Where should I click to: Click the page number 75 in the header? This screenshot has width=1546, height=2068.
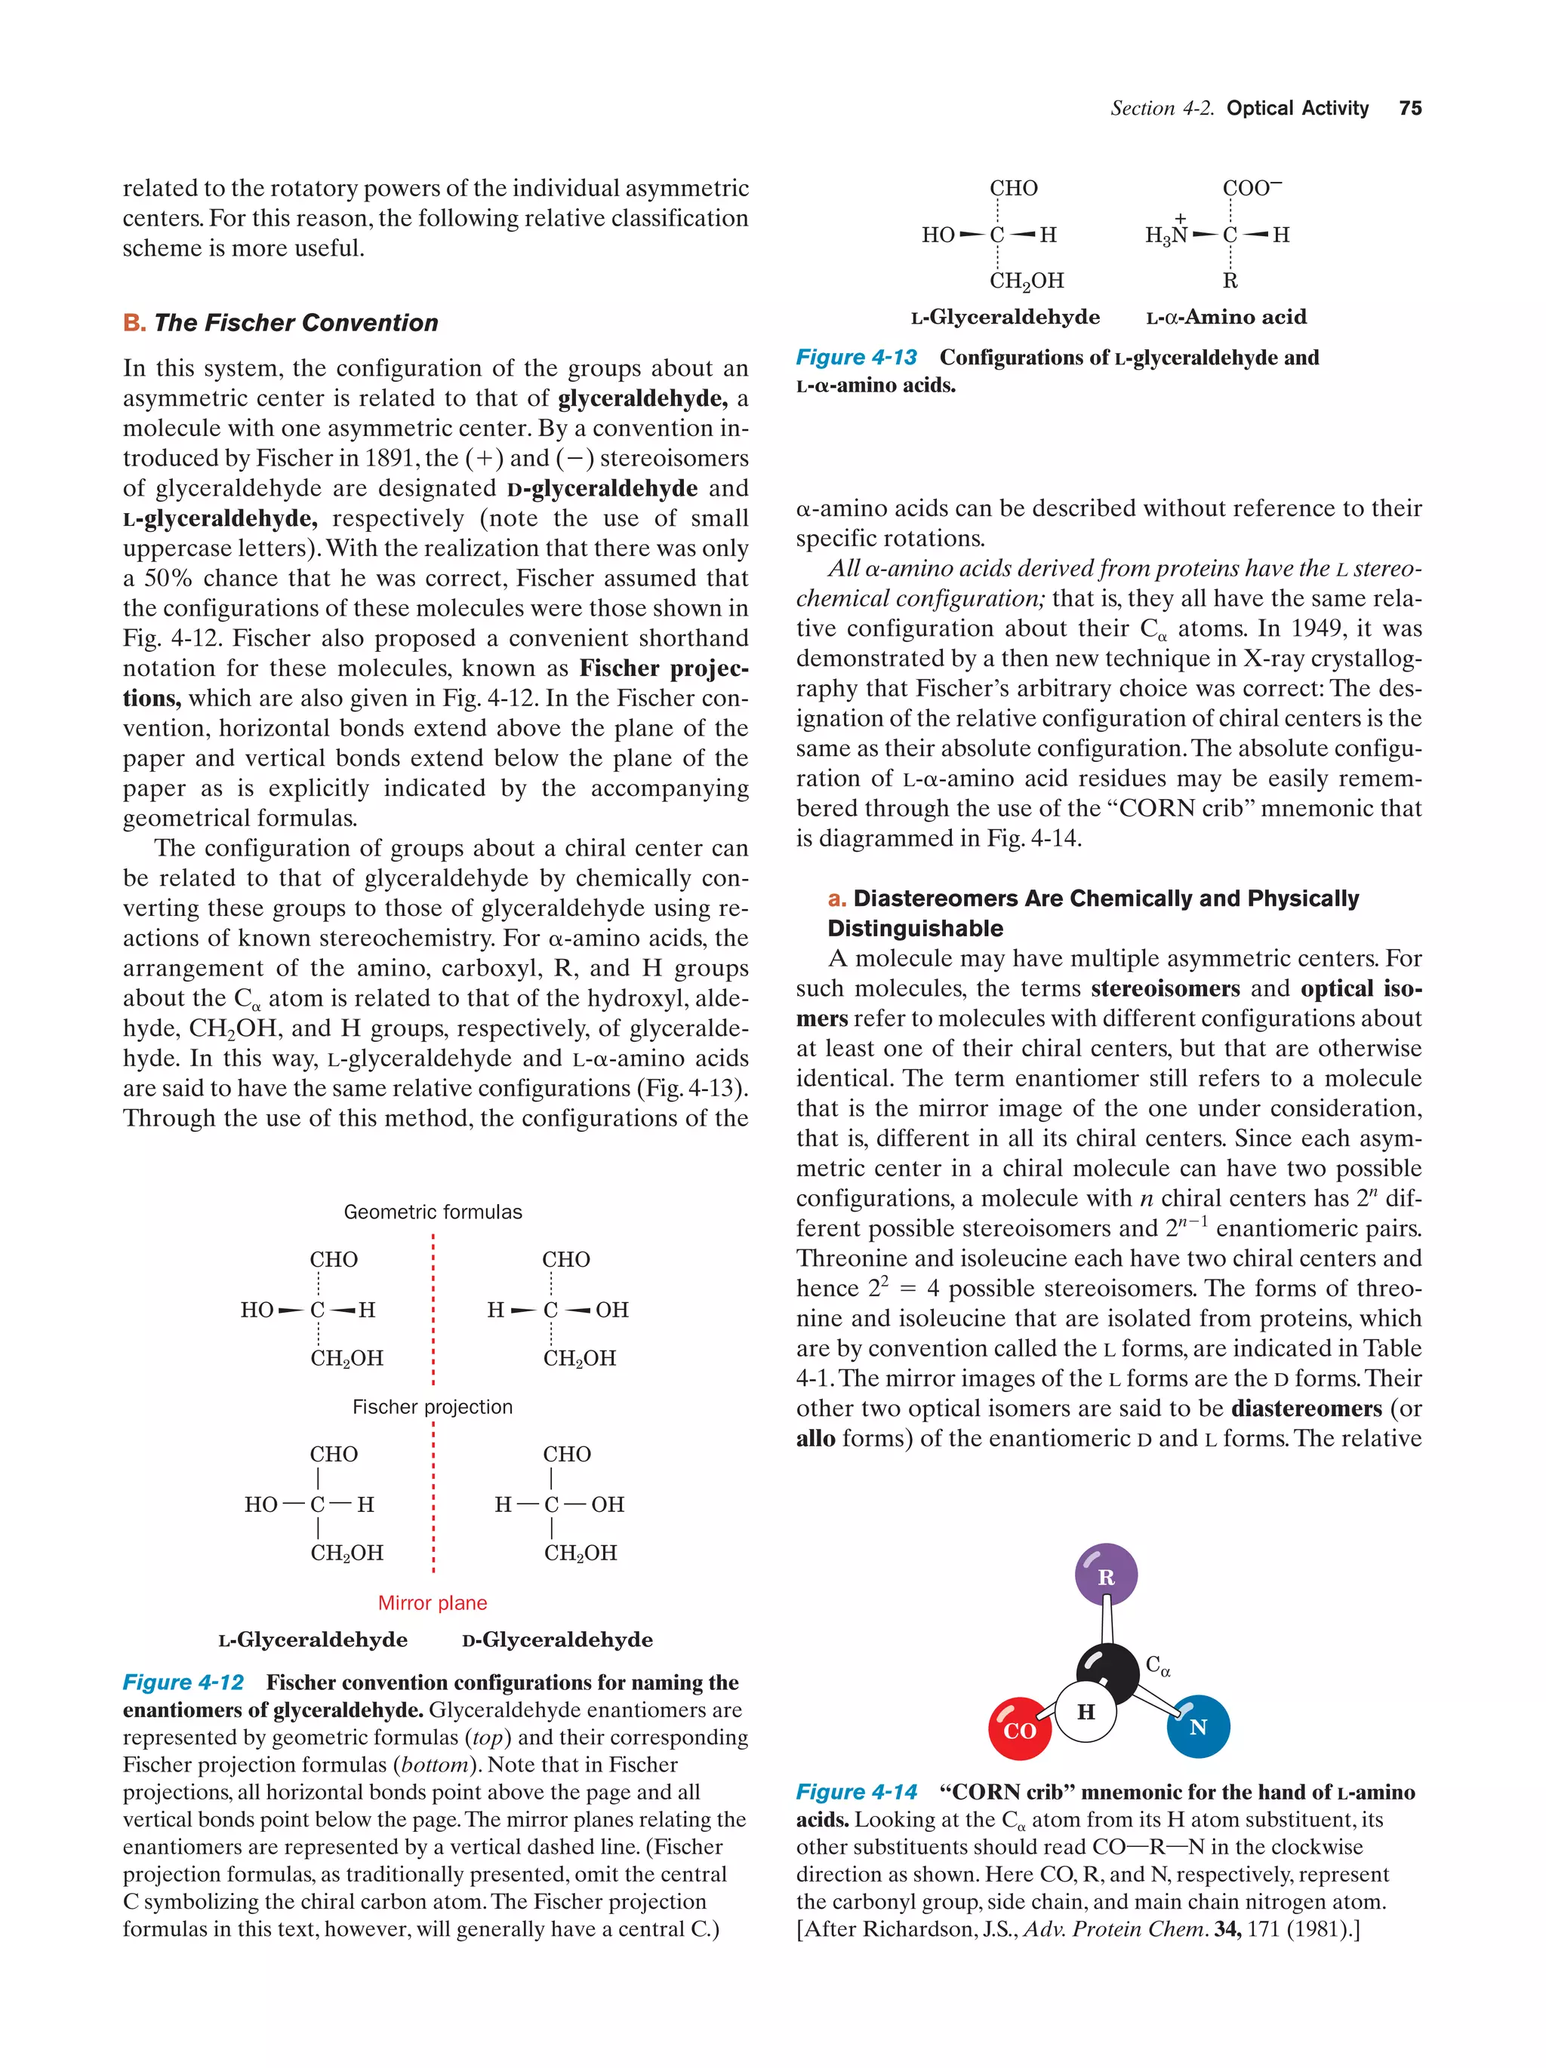pyautogui.click(x=1409, y=109)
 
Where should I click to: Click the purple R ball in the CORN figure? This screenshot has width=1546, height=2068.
pyautogui.click(x=1105, y=1576)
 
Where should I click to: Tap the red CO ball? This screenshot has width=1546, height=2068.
pyautogui.click(x=1019, y=1729)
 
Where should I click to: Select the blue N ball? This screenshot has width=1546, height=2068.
pyautogui.click(x=1197, y=1727)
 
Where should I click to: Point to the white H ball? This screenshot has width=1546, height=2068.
pyautogui.click(x=1085, y=1712)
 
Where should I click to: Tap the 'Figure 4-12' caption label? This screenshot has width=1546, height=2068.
pyautogui.click(x=183, y=1682)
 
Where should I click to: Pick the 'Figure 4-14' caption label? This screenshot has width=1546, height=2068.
pyautogui.click(x=856, y=1791)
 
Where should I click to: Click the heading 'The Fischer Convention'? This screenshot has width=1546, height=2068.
pyautogui.click(x=296, y=323)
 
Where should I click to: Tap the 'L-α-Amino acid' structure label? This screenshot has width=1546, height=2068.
pyautogui.click(x=1226, y=317)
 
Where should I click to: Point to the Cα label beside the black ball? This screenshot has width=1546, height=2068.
pyautogui.click(x=1158, y=1665)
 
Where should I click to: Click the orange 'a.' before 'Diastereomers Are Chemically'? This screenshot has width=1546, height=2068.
pyautogui.click(x=837, y=899)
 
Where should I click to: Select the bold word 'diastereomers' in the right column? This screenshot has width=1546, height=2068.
pyautogui.click(x=1306, y=1408)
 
